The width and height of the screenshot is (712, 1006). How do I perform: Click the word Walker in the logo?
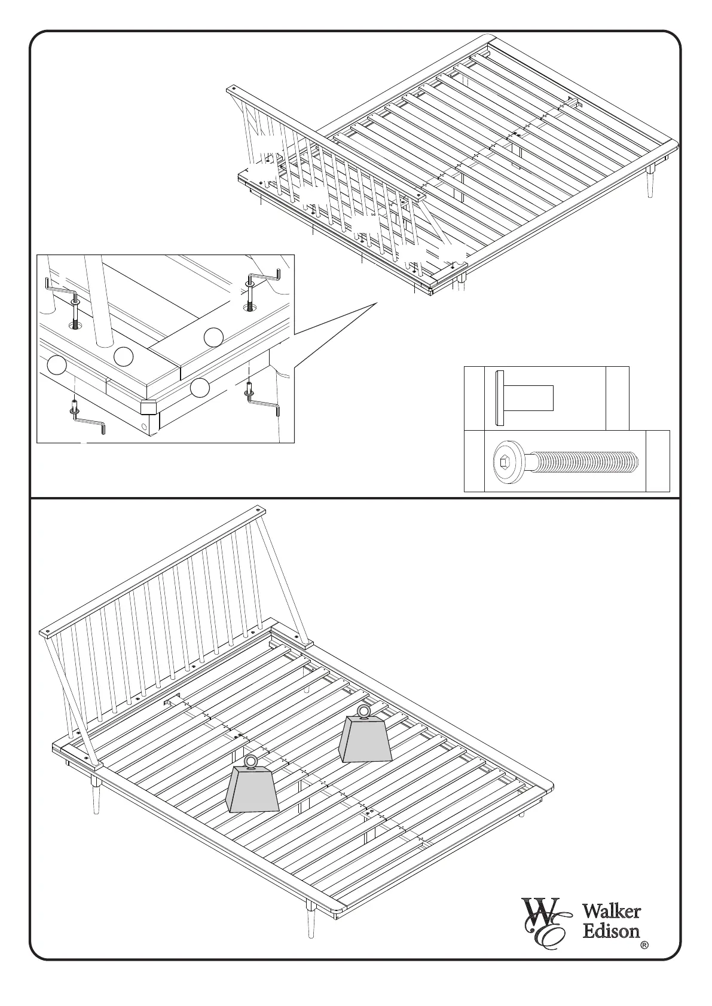click(x=612, y=912)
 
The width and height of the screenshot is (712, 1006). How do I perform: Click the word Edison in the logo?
click(x=611, y=931)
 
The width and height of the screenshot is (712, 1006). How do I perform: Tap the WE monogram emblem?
click(x=543, y=922)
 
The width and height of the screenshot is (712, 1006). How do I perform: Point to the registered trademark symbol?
click(x=644, y=945)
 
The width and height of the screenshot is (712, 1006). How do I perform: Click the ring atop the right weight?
click(x=363, y=711)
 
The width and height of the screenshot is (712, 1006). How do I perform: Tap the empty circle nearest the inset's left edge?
click(x=57, y=365)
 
